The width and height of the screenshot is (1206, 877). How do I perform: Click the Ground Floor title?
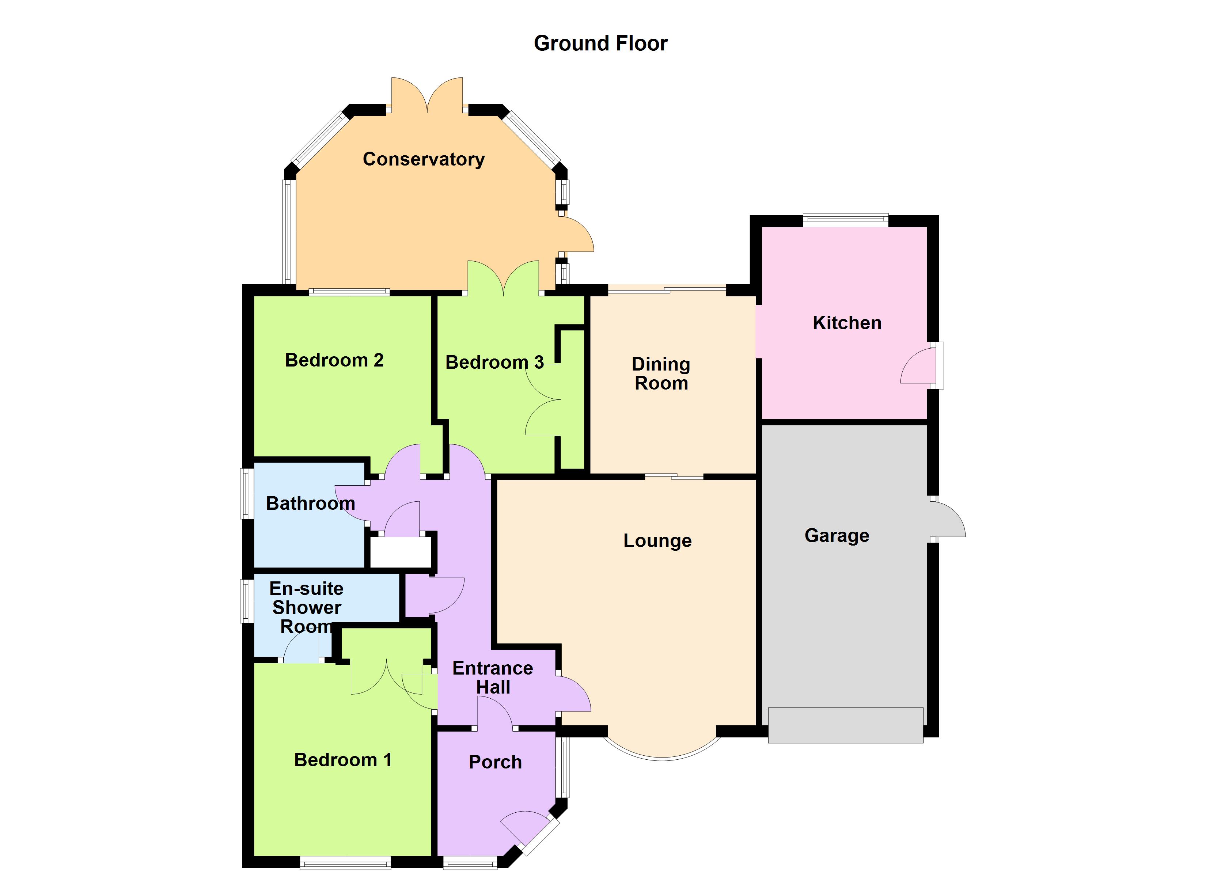point(600,43)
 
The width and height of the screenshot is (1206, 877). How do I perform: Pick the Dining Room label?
point(661,373)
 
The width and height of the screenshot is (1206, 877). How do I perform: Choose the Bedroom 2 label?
point(334,360)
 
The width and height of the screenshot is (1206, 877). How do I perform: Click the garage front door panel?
point(845,725)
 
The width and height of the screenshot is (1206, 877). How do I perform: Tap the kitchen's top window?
point(845,220)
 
